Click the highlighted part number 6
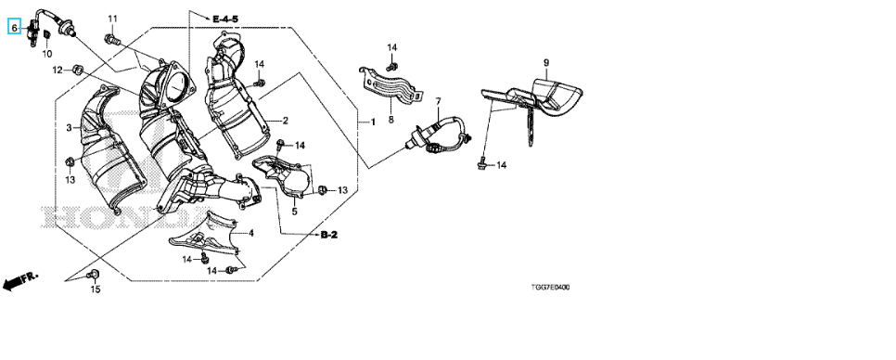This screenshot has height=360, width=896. [x=14, y=26]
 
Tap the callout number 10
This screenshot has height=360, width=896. [x=47, y=54]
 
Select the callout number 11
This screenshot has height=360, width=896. [x=112, y=19]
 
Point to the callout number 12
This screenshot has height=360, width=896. [x=58, y=70]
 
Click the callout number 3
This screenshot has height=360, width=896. [x=70, y=128]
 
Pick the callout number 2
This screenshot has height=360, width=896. [x=285, y=121]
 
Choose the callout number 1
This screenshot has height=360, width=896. [x=373, y=122]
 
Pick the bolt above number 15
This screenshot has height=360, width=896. [x=91, y=276]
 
